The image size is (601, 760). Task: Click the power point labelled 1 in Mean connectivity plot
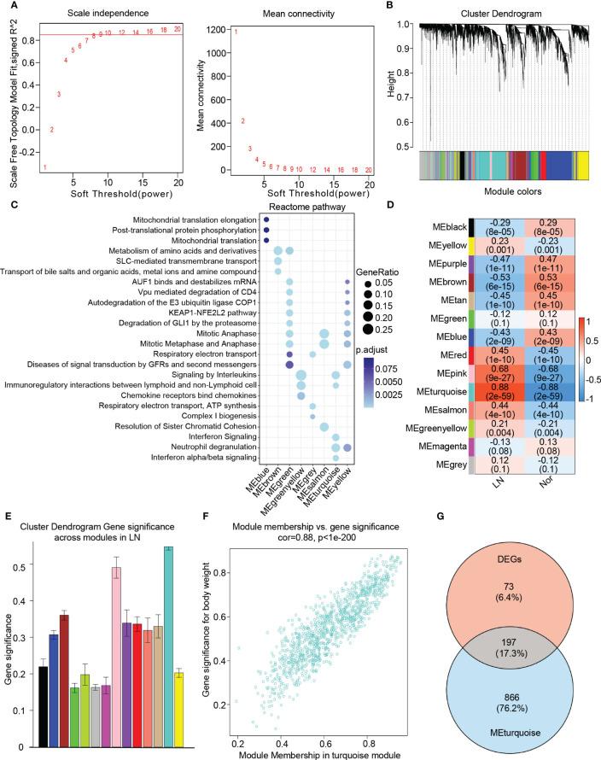pyautogui.click(x=236, y=32)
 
